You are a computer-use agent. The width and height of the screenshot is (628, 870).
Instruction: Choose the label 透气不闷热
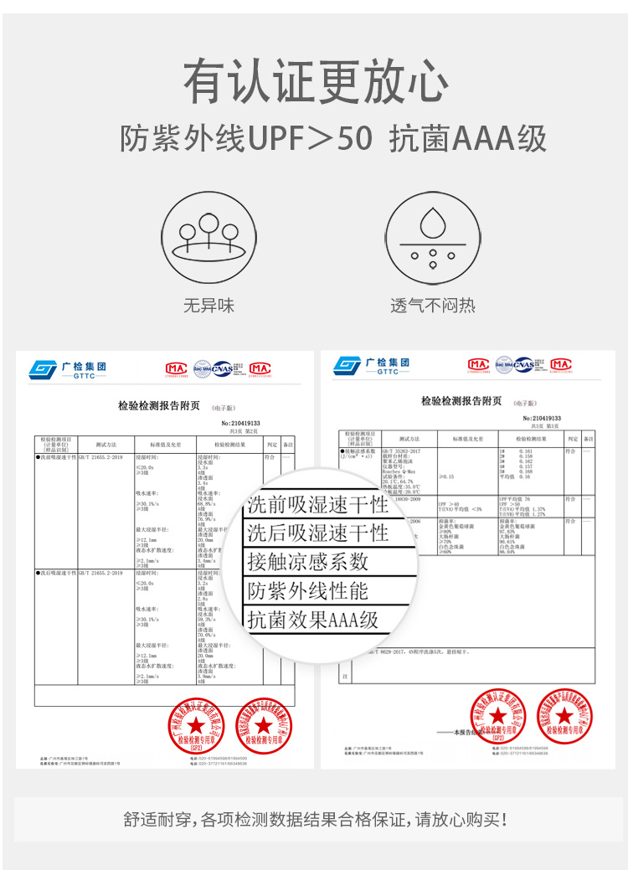[432, 306]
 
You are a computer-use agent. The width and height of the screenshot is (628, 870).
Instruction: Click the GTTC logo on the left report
[68, 369]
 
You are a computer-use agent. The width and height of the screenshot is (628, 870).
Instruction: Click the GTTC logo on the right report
[372, 366]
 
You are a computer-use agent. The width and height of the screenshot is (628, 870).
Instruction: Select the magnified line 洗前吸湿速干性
[318, 504]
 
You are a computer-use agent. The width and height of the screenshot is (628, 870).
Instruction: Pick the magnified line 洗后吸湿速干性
[318, 533]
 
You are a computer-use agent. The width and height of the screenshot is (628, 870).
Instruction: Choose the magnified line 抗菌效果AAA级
[313, 620]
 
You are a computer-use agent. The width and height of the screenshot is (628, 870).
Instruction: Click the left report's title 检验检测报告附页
[159, 405]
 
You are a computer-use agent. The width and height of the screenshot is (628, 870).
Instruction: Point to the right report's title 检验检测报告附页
[461, 401]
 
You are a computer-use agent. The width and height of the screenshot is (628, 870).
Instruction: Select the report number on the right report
[542, 418]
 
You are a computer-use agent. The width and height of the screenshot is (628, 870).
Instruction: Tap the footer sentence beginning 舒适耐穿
[314, 820]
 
